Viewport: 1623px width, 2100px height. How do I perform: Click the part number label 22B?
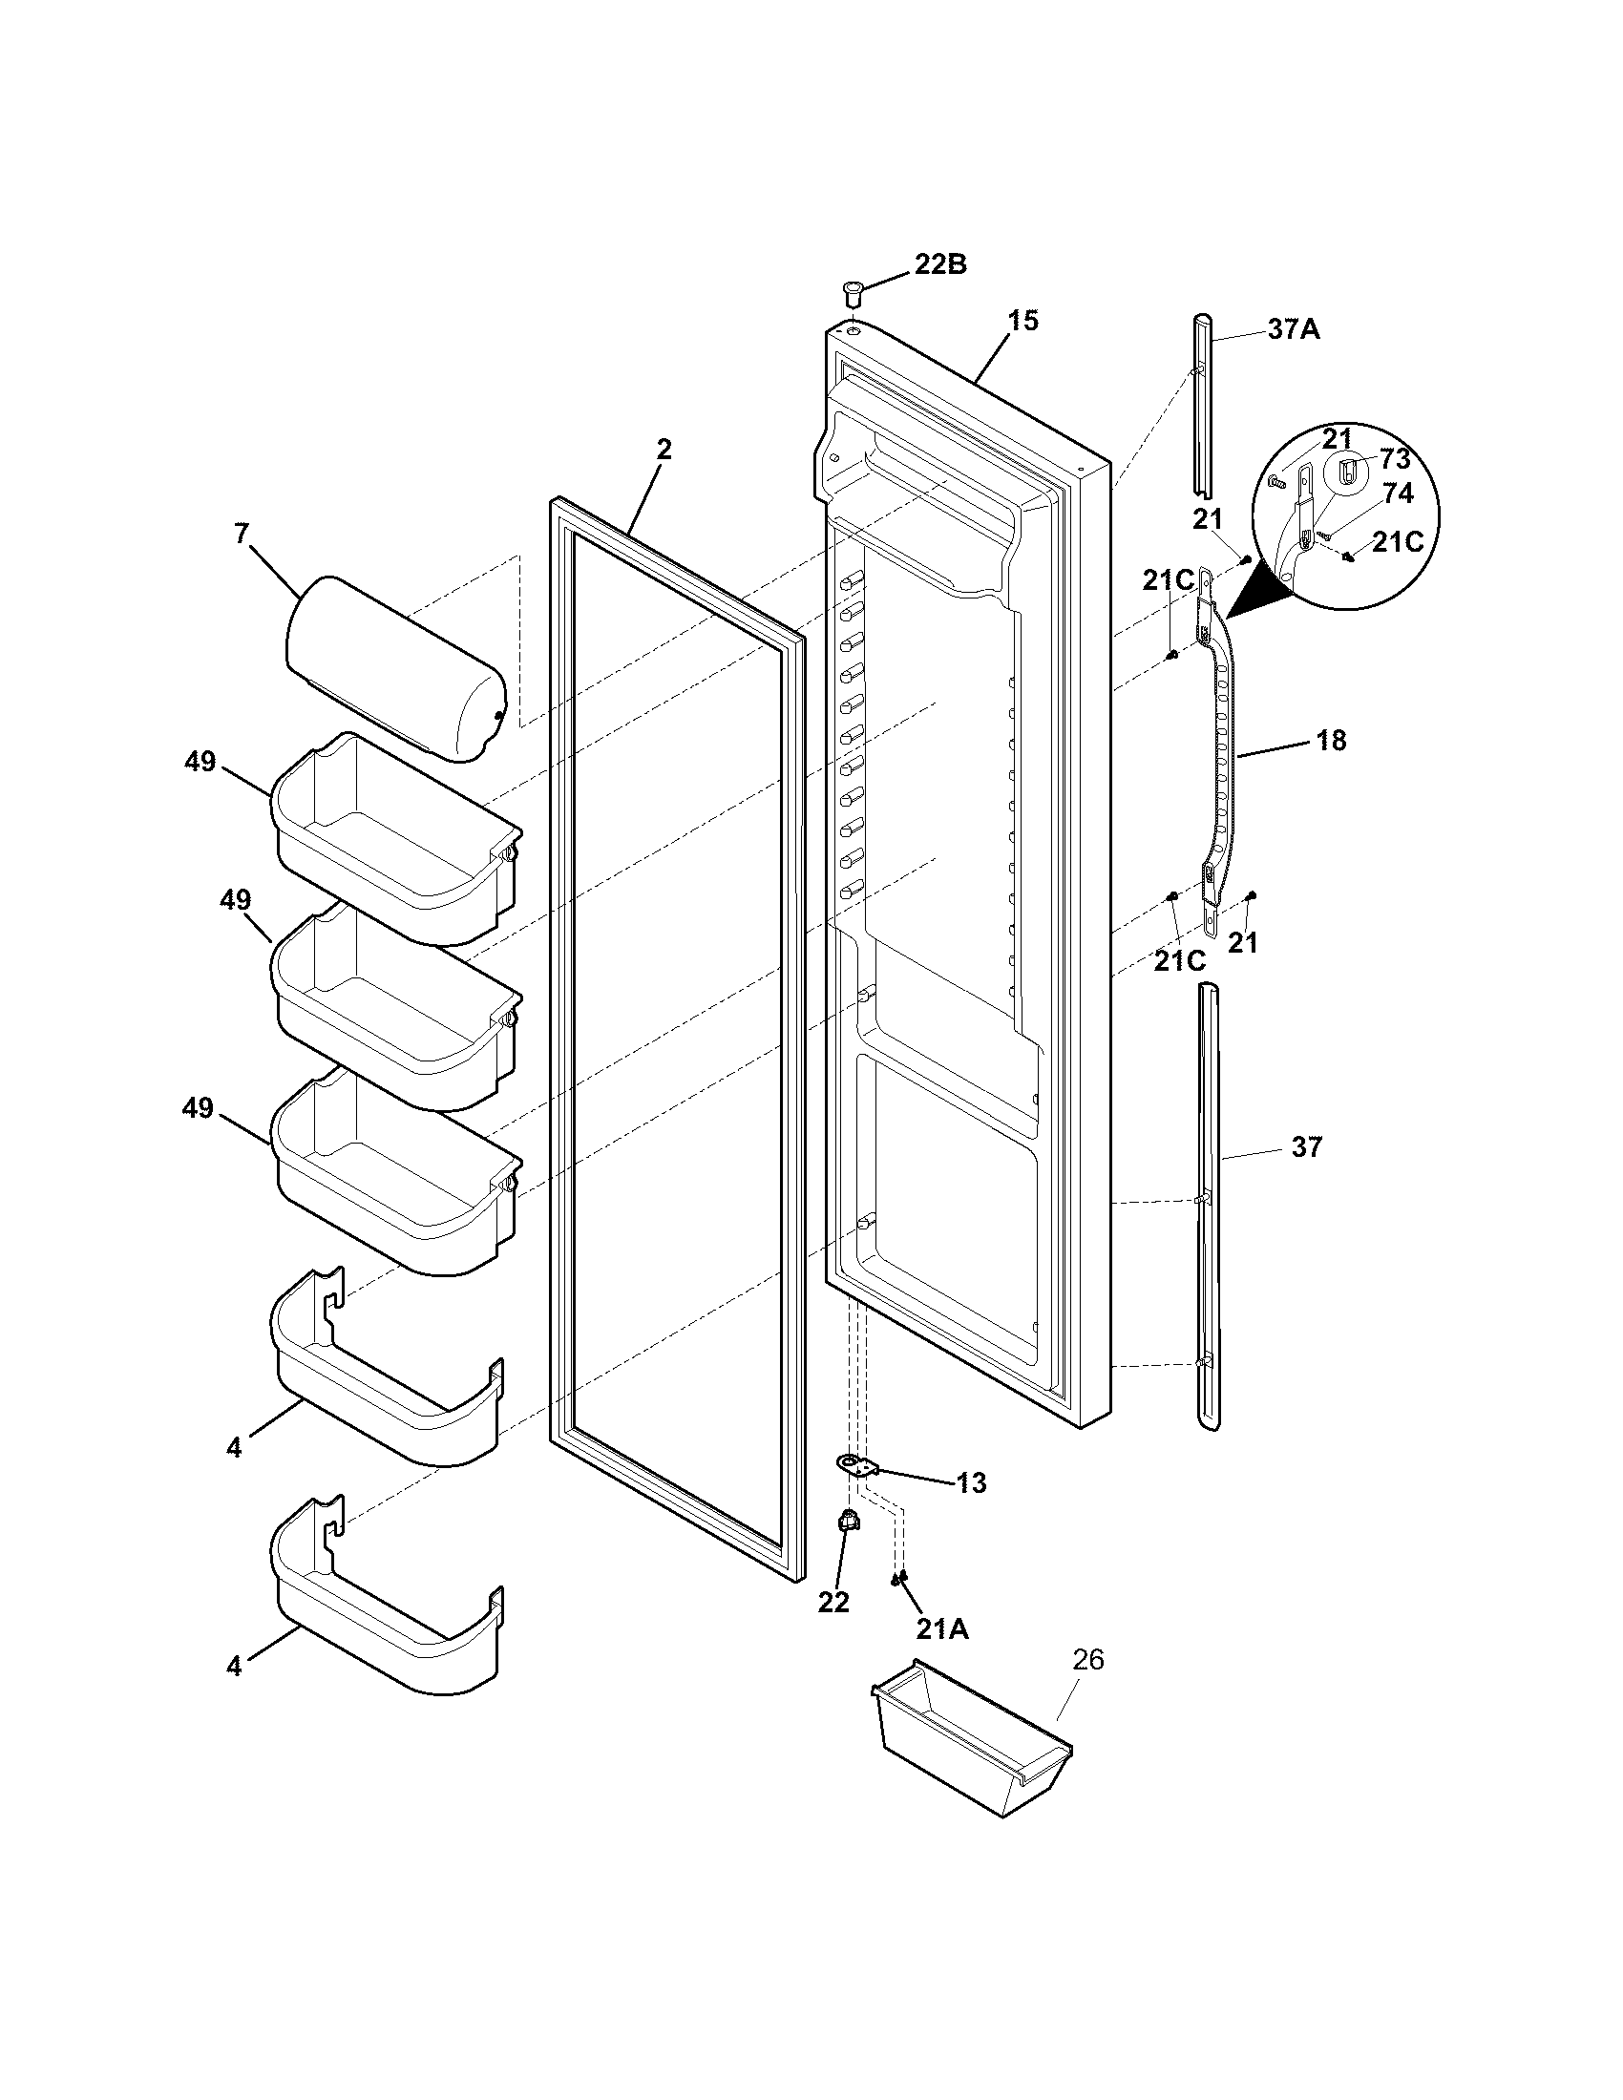(x=939, y=264)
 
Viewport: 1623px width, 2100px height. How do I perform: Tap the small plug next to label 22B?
(x=850, y=289)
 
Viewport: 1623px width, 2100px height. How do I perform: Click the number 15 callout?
(x=1023, y=321)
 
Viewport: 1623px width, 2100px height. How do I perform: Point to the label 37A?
(x=1294, y=330)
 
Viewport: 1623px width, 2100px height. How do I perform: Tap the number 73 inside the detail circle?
(x=1394, y=458)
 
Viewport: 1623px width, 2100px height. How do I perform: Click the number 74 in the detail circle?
(x=1397, y=493)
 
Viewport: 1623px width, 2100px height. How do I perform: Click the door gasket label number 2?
(x=664, y=449)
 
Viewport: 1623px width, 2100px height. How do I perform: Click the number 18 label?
(x=1332, y=741)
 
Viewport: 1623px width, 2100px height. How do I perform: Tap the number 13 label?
(x=972, y=1483)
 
